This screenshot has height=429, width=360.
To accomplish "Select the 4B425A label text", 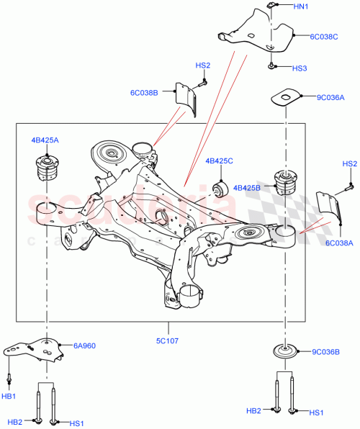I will (45, 140).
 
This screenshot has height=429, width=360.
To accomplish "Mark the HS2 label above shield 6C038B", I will (202, 66).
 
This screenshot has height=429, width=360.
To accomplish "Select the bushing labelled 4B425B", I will (282, 183).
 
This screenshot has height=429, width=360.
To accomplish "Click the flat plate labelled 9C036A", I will (287, 97).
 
